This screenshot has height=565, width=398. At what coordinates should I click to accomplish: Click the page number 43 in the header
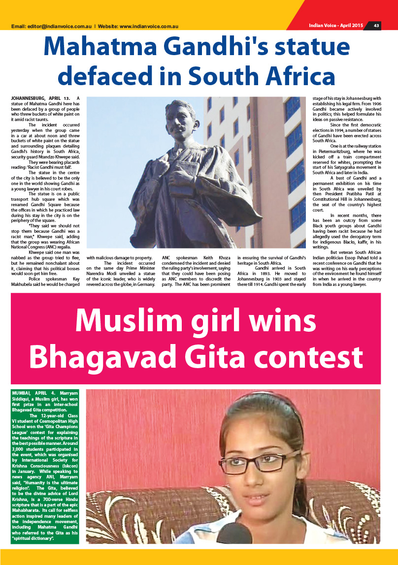click(x=376, y=26)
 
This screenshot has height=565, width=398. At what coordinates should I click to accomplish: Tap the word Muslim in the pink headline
click(x=127, y=321)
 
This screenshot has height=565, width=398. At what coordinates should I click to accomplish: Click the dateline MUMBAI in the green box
click(x=22, y=393)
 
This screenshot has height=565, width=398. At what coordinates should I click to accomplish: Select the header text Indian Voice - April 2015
click(x=336, y=26)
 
